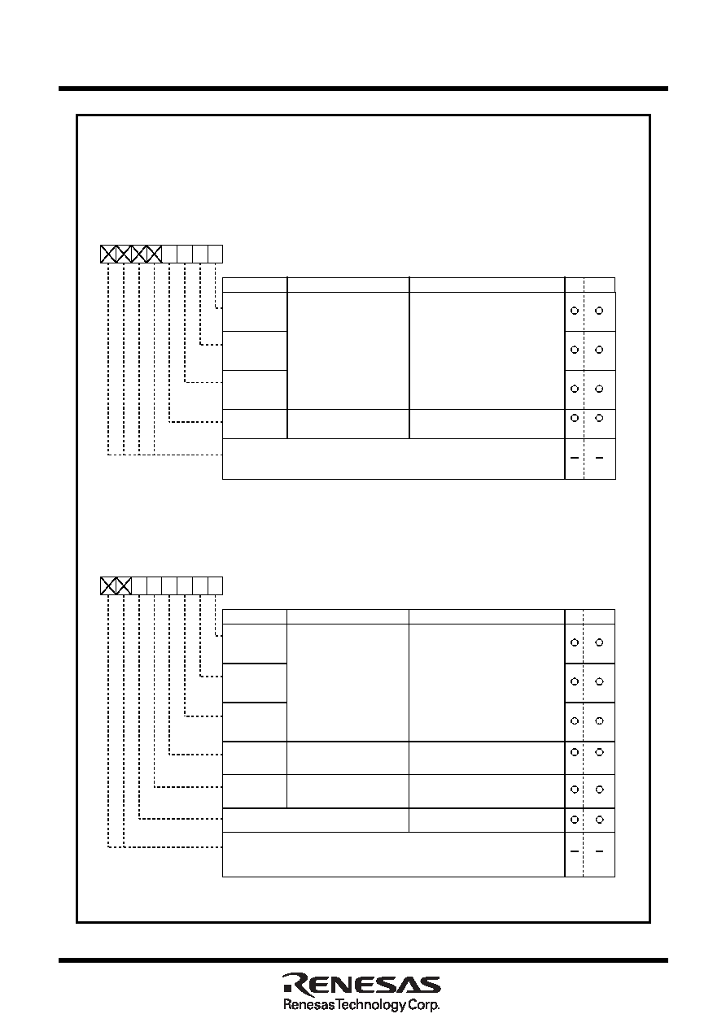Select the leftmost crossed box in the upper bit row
(108, 254)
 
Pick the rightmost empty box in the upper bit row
(215, 254)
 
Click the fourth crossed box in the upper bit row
(154, 254)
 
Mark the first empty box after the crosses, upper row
(169, 254)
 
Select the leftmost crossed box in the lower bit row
(108, 586)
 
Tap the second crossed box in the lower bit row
(124, 586)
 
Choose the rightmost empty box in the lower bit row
(215, 586)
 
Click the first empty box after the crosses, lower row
(139, 586)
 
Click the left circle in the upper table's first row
(574, 311)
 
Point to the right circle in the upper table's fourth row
(599, 418)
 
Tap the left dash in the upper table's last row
(574, 458)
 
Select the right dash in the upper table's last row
(599, 458)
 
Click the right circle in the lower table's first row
(599, 642)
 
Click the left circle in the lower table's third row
(574, 720)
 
